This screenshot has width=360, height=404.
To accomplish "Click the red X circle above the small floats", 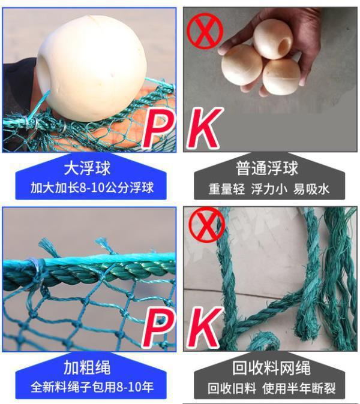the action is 205,31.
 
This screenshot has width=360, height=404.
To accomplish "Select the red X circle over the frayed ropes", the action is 206,225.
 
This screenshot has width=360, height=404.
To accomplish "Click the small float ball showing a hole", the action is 272,39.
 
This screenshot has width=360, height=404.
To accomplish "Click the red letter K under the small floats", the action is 204,128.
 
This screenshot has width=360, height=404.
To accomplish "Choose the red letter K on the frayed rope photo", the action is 204,327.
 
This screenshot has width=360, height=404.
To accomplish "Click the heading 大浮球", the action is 87,168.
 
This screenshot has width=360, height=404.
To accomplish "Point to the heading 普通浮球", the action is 267,168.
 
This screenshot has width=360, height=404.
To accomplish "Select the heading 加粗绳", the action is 87,367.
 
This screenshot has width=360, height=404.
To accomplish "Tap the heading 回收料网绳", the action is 271,368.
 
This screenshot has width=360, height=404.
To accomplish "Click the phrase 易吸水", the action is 311,189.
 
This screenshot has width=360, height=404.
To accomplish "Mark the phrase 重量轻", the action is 226,189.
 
